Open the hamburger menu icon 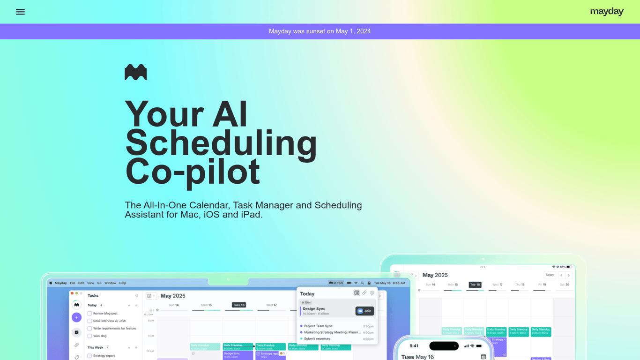[20, 12]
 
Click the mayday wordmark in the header [607, 12]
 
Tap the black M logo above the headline [135, 72]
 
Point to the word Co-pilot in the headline [192, 172]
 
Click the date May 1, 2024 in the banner [353, 31]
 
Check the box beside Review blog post [89, 314]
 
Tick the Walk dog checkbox [89, 336]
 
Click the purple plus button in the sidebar [76, 317]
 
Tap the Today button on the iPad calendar [550, 275]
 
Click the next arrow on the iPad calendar [569, 275]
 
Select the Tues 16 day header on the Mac [239, 305]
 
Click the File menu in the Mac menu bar [73, 283]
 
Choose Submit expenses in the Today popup [317, 339]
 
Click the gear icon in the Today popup [372, 293]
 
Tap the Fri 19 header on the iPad [542, 285]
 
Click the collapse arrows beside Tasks [137, 296]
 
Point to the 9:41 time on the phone [414, 346]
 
